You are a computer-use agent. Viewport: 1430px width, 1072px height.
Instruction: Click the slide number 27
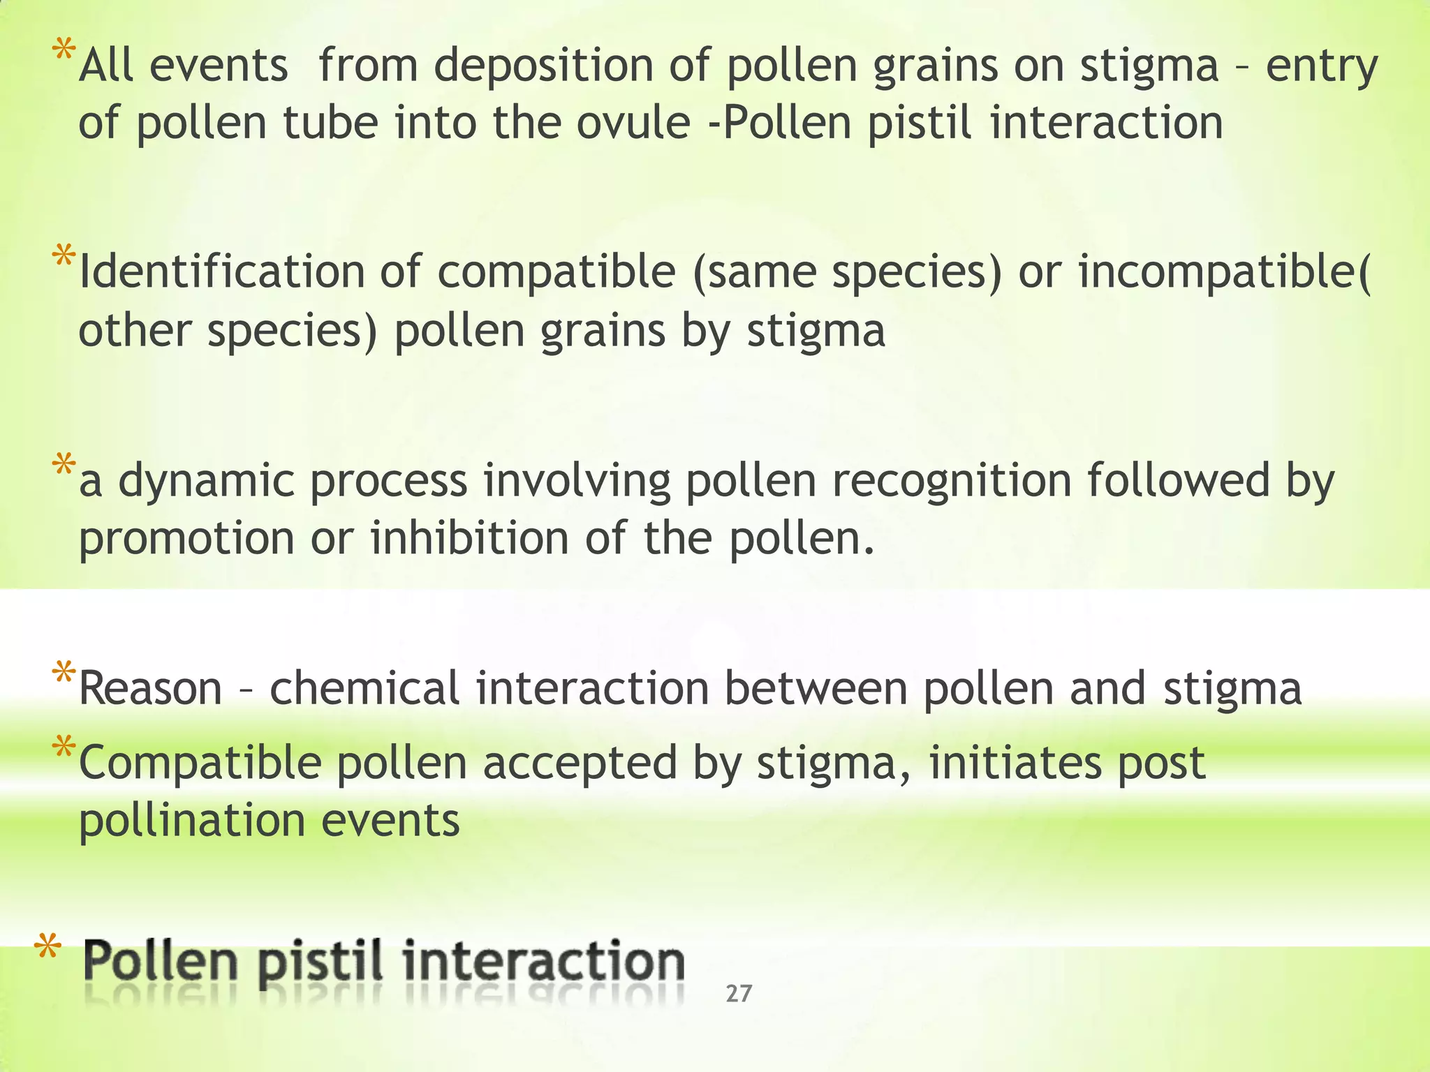pos(739,993)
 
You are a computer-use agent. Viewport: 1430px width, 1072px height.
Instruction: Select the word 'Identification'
pos(221,271)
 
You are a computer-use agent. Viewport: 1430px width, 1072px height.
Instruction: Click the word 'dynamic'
pos(206,482)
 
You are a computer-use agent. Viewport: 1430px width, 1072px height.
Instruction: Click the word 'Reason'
pos(151,688)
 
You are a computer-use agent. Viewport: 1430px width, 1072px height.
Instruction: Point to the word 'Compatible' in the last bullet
pos(200,763)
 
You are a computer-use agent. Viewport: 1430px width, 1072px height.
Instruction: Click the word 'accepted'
pos(580,763)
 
